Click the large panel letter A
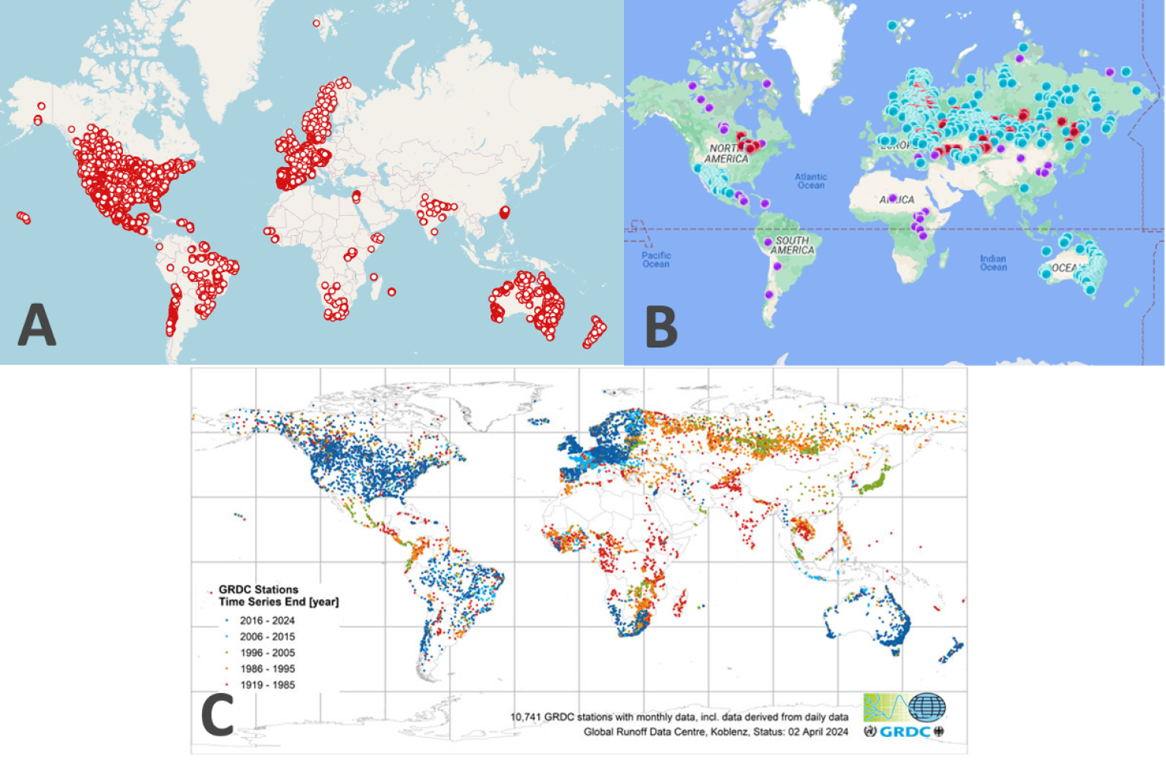[36, 325]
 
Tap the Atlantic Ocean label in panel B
[811, 181]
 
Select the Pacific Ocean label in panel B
[656, 260]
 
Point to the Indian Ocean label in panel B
[993, 263]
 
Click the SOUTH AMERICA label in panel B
[793, 245]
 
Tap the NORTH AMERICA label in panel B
[726, 153]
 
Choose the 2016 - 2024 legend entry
[267, 621]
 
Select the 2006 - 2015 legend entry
[267, 637]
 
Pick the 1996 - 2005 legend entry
[267, 653]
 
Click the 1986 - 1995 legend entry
[267, 669]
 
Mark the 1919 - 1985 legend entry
[267, 685]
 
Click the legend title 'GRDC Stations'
[258, 590]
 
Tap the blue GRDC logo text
[906, 732]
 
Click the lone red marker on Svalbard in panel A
[317, 24]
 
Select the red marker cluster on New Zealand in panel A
[594, 333]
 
